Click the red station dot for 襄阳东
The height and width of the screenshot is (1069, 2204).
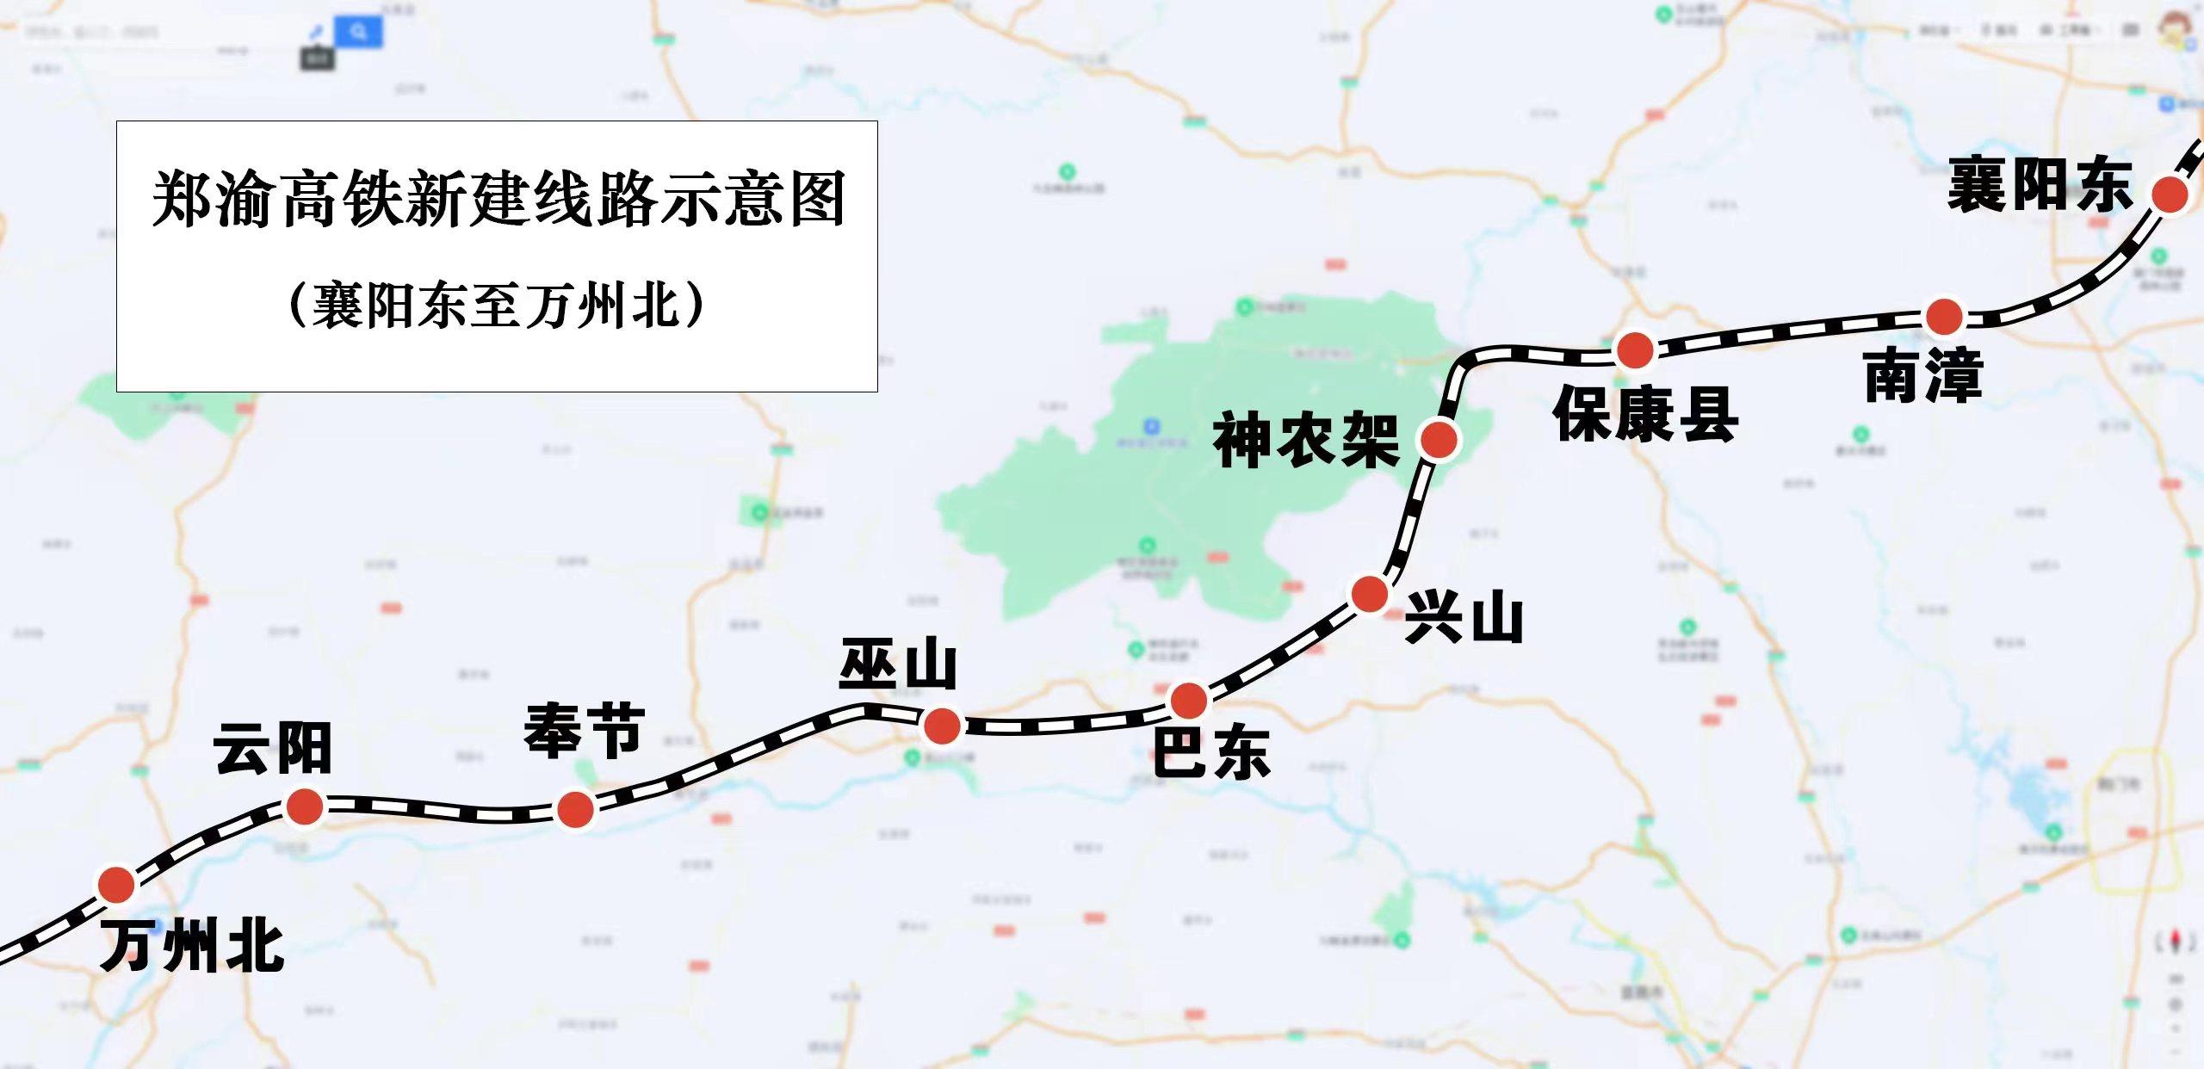(x=2170, y=195)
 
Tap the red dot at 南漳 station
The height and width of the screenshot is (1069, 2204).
(x=1943, y=317)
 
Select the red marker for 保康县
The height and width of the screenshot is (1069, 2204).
(x=1635, y=349)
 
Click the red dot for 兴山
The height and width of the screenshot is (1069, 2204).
(x=1370, y=594)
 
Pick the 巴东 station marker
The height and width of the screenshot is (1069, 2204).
(x=1189, y=701)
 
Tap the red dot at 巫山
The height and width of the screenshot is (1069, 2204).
(x=941, y=726)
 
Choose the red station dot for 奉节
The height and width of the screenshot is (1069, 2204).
(x=575, y=809)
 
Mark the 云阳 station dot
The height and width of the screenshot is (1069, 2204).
(x=304, y=806)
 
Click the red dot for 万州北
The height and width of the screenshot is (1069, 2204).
(x=116, y=884)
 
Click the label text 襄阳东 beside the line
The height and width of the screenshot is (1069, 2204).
(x=2039, y=185)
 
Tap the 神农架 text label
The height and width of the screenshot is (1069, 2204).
(x=1306, y=441)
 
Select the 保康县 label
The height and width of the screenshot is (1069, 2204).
(x=1645, y=414)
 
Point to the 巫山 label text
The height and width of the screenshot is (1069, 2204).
(x=898, y=664)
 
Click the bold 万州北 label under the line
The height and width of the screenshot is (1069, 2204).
(x=192, y=946)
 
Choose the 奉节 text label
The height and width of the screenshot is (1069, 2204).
(x=584, y=731)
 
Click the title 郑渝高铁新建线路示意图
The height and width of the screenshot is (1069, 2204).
(x=498, y=200)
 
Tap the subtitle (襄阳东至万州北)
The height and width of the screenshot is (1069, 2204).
(x=497, y=305)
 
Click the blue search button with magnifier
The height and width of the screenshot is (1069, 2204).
(x=359, y=32)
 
